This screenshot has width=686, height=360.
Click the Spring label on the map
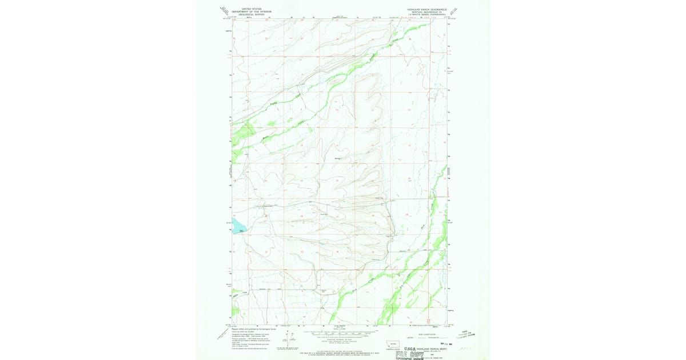[337, 158]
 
